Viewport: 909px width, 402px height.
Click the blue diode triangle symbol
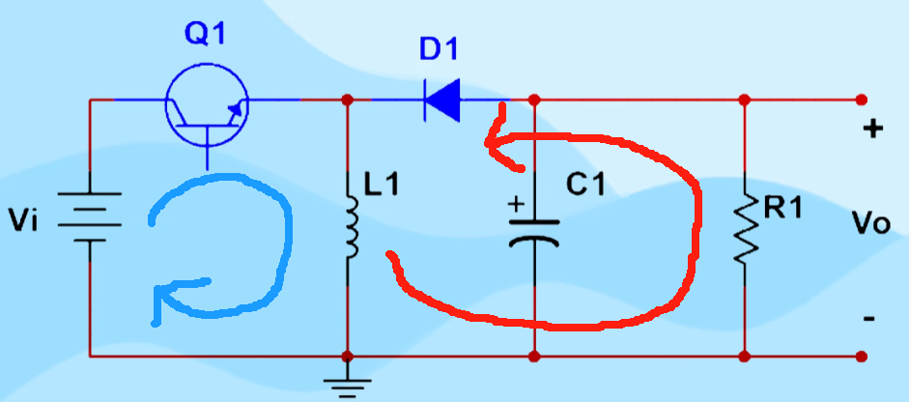click(442, 100)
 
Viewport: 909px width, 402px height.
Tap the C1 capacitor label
click(584, 184)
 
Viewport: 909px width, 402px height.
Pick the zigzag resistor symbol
click(745, 228)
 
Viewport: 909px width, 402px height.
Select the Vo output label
click(870, 224)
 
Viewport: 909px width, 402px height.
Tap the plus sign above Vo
click(872, 129)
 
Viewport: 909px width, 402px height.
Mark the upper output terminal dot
click(861, 100)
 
